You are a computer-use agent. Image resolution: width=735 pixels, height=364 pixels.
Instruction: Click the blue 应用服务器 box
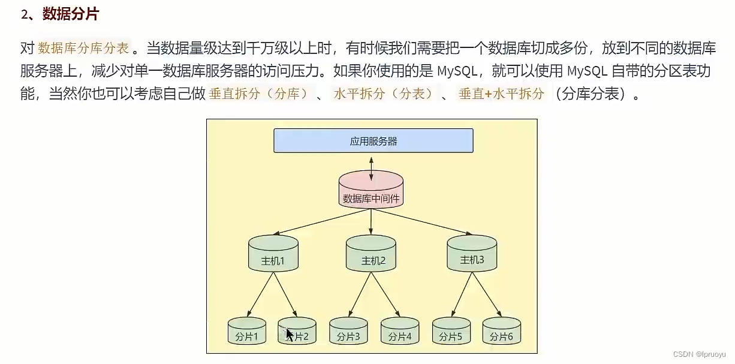tap(373, 141)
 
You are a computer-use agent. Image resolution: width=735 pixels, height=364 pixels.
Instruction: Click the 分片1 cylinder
tap(246, 331)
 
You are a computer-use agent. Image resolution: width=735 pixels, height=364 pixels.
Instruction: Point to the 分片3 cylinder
tap(348, 331)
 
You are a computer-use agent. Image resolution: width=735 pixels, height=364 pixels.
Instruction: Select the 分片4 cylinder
tap(400, 331)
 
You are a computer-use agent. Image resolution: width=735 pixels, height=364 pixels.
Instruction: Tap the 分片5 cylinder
tap(451, 331)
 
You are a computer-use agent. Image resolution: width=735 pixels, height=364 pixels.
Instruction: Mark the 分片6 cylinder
tap(502, 331)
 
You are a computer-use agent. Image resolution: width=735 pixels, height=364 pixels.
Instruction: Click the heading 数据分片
tap(71, 14)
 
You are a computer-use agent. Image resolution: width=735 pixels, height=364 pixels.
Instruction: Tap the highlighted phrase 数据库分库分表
tap(83, 48)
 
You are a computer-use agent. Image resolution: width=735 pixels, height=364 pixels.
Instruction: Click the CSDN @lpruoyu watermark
tap(699, 354)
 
